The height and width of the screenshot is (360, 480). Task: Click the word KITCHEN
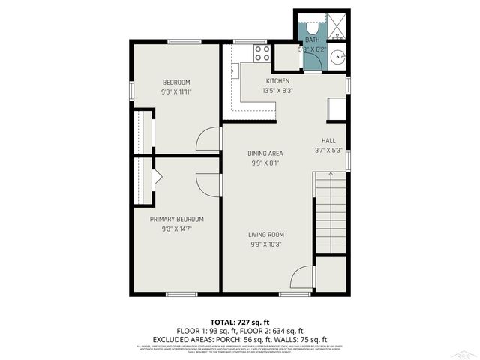pos(277,81)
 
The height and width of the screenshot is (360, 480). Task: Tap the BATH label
pos(312,40)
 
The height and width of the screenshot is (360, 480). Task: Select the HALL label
pos(328,140)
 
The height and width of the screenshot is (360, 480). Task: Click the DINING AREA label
pos(265,154)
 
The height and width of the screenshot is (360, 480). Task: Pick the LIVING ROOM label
pos(266,234)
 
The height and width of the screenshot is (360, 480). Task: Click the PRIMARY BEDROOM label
pos(177,219)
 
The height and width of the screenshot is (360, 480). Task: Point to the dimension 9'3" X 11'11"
pos(177,91)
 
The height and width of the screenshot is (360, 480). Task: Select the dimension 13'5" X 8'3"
pos(277,91)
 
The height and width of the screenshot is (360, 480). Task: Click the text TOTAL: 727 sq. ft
pos(240,321)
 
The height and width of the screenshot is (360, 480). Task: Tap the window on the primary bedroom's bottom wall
pos(181,294)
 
